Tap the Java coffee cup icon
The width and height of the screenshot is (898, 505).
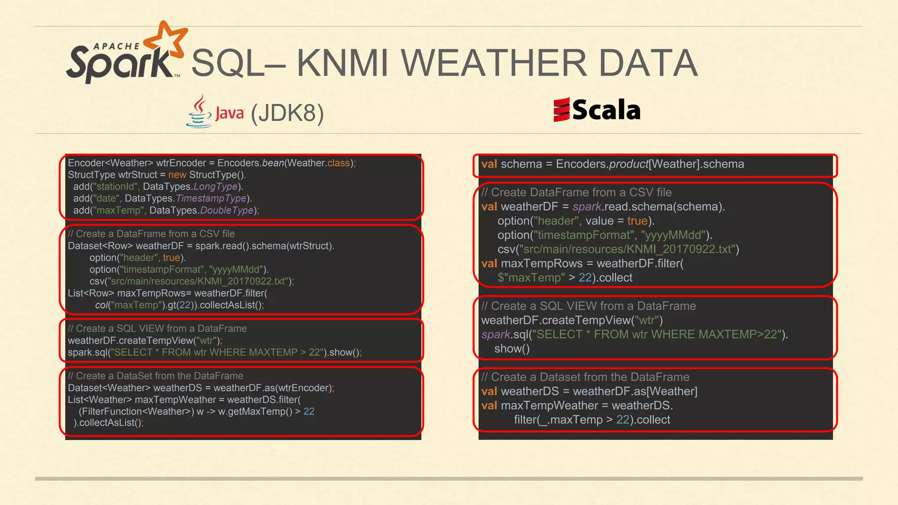pos(200,112)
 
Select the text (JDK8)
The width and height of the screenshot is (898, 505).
pos(287,113)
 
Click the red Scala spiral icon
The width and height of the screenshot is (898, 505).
pos(561,110)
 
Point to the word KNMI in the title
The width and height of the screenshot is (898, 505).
pos(342,63)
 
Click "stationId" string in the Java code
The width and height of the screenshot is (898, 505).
pos(115,187)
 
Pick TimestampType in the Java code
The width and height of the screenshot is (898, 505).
pos(211,199)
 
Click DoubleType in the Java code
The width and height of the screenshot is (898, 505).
pos(227,210)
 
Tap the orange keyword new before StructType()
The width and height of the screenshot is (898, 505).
pos(177,175)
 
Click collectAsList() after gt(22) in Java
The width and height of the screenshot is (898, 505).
pos(231,305)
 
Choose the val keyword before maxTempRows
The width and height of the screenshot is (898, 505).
pos(489,263)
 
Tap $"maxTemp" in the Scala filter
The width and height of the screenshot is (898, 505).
pos(531,278)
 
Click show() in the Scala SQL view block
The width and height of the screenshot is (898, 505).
pos(512,349)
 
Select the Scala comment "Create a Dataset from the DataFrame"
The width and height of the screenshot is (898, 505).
pos(585,377)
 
